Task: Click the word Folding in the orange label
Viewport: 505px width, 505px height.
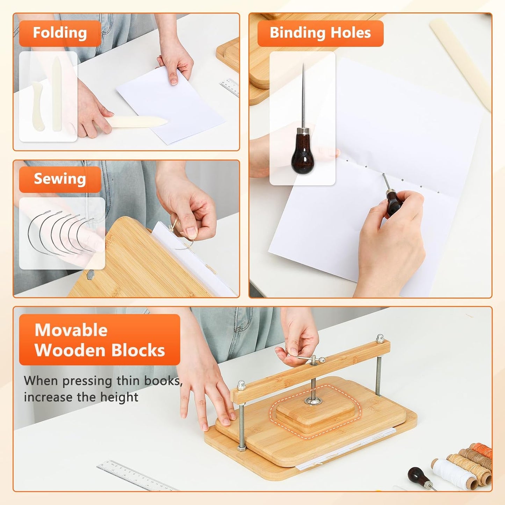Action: [x=60, y=33]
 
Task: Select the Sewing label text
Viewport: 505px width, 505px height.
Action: [x=60, y=179]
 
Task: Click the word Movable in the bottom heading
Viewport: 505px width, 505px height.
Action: [x=71, y=330]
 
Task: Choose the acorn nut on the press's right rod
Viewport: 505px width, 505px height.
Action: [x=380, y=338]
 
